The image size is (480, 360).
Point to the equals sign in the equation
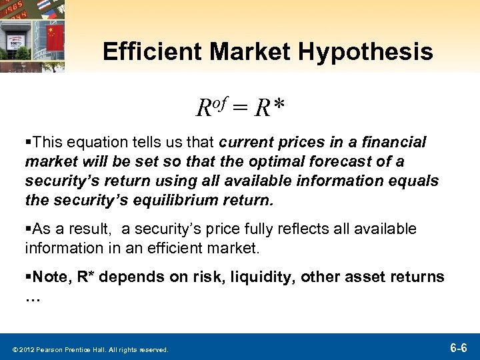pyautogui.click(x=241, y=107)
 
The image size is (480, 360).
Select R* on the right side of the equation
pyautogui.click(x=270, y=107)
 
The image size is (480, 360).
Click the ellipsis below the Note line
pyautogui.click(x=33, y=298)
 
